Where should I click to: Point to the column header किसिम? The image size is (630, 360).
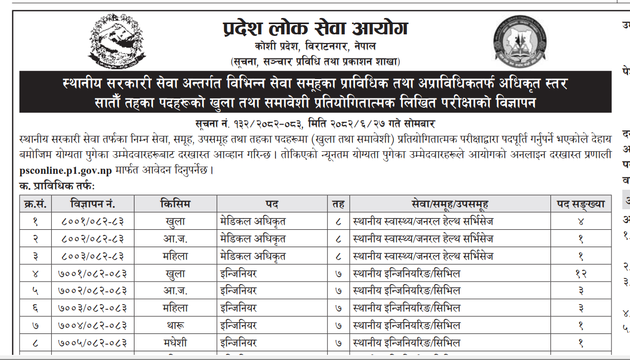[175, 204]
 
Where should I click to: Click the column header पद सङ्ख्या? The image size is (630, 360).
[581, 204]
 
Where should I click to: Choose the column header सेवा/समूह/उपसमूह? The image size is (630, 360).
[449, 204]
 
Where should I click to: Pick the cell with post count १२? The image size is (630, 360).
[581, 273]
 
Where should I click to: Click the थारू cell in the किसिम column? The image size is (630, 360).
[175, 325]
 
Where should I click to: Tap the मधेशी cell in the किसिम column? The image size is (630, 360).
[175, 343]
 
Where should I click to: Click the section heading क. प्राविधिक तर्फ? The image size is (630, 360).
[57, 186]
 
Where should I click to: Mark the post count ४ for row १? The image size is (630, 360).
[581, 222]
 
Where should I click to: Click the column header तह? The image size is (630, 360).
[338, 204]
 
